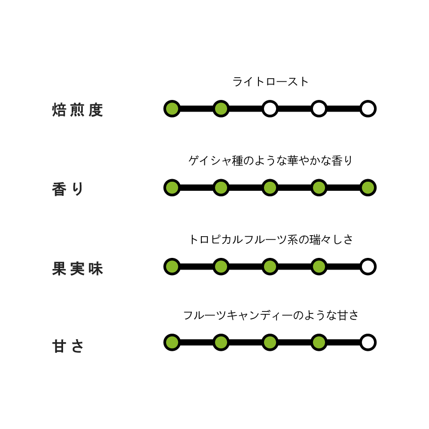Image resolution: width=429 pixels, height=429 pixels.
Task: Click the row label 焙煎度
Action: tap(77, 110)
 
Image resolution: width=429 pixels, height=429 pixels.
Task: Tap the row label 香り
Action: tap(68, 189)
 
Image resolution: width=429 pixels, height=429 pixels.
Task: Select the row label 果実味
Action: tap(77, 268)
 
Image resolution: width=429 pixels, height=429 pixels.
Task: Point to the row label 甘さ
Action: tap(68, 346)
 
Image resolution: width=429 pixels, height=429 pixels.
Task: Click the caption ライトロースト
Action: tap(271, 82)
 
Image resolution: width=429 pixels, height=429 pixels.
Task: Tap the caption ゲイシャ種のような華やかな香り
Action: tap(271, 160)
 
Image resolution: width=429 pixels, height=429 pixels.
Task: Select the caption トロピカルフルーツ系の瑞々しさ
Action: tap(271, 239)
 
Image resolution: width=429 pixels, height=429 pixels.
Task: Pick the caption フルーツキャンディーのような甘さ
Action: tap(271, 315)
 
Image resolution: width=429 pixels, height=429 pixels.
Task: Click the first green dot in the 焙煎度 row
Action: tap(172, 109)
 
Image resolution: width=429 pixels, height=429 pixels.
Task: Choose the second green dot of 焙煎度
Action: tap(221, 109)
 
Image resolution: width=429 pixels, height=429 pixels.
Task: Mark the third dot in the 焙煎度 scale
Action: tap(270, 109)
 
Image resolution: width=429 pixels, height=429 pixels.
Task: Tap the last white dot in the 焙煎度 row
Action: tap(368, 109)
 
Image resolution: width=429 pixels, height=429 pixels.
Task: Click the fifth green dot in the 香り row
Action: tap(368, 188)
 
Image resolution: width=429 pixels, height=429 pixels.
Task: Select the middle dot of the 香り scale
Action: tap(270, 188)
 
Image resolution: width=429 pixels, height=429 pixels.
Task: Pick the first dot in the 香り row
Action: tap(172, 188)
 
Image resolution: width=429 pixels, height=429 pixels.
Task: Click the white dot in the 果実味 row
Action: tap(368, 266)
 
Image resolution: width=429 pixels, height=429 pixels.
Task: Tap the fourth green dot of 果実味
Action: tap(319, 266)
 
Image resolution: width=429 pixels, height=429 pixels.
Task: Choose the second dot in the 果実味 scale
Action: tap(221, 266)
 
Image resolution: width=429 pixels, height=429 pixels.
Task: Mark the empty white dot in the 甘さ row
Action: tap(368, 342)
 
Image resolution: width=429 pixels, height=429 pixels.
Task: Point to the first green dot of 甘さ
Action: tap(172, 342)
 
